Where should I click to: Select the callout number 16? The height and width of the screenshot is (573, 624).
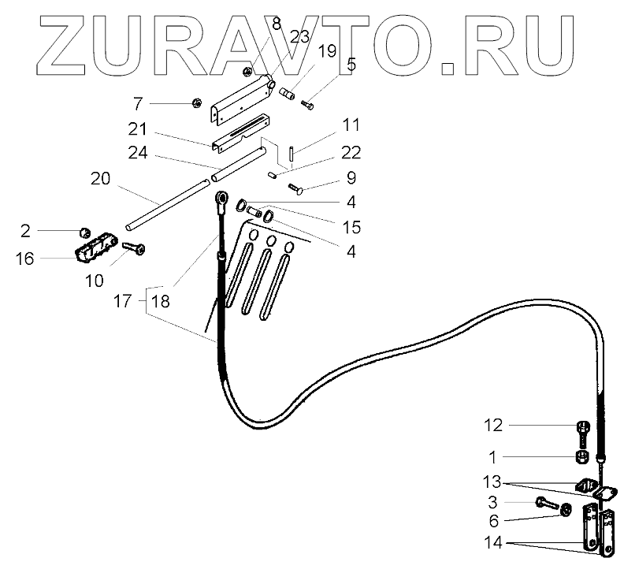[x=25, y=258]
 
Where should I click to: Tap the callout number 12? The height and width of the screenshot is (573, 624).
[x=492, y=426]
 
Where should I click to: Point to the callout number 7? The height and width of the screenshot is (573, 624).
[x=138, y=103]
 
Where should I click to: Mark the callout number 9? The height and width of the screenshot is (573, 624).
[x=351, y=177]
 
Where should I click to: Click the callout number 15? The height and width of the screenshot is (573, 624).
[x=351, y=227]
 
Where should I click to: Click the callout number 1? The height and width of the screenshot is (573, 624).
[x=492, y=457]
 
